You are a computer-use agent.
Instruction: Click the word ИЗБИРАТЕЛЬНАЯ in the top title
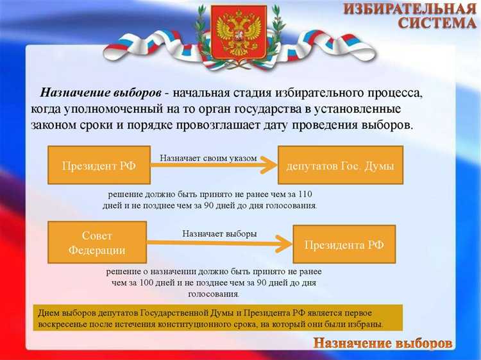(410, 9)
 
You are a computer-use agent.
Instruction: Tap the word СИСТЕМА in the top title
(437, 24)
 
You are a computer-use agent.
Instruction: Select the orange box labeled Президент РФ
(99, 165)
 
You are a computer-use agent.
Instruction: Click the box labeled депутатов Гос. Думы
(340, 165)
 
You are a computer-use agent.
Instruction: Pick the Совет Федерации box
(97, 242)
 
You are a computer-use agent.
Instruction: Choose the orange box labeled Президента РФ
(344, 244)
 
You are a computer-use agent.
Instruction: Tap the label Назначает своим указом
(208, 157)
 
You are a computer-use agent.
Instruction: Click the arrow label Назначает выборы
(219, 234)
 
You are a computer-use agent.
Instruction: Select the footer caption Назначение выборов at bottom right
(383, 343)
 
